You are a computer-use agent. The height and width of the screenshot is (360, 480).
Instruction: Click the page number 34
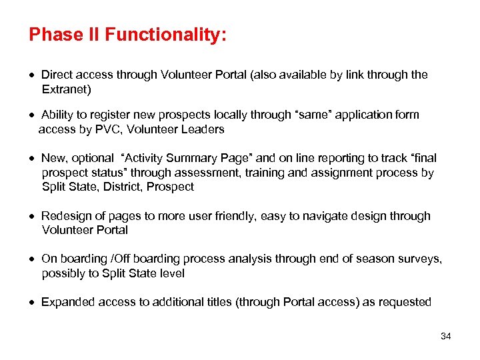(446, 336)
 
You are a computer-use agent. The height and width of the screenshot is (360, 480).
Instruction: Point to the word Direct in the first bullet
(58, 75)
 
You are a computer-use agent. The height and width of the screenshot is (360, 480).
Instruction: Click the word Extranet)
(67, 89)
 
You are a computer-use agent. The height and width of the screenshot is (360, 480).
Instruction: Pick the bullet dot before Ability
(33, 115)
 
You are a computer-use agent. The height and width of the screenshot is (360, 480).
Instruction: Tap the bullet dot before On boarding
(33, 259)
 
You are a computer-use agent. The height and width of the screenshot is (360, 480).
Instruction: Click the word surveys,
(421, 259)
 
